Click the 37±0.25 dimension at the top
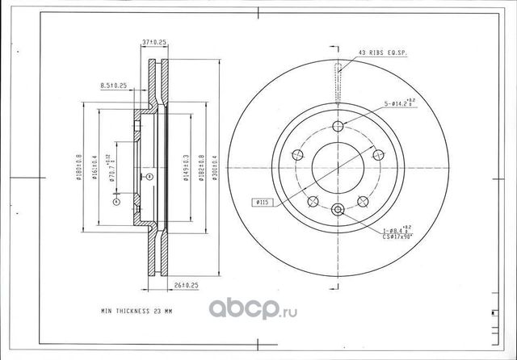click(x=154, y=41)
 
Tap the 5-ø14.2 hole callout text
click(x=399, y=103)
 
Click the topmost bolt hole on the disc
click(x=339, y=125)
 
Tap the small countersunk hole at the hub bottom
click(x=339, y=211)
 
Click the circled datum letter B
click(x=148, y=174)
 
